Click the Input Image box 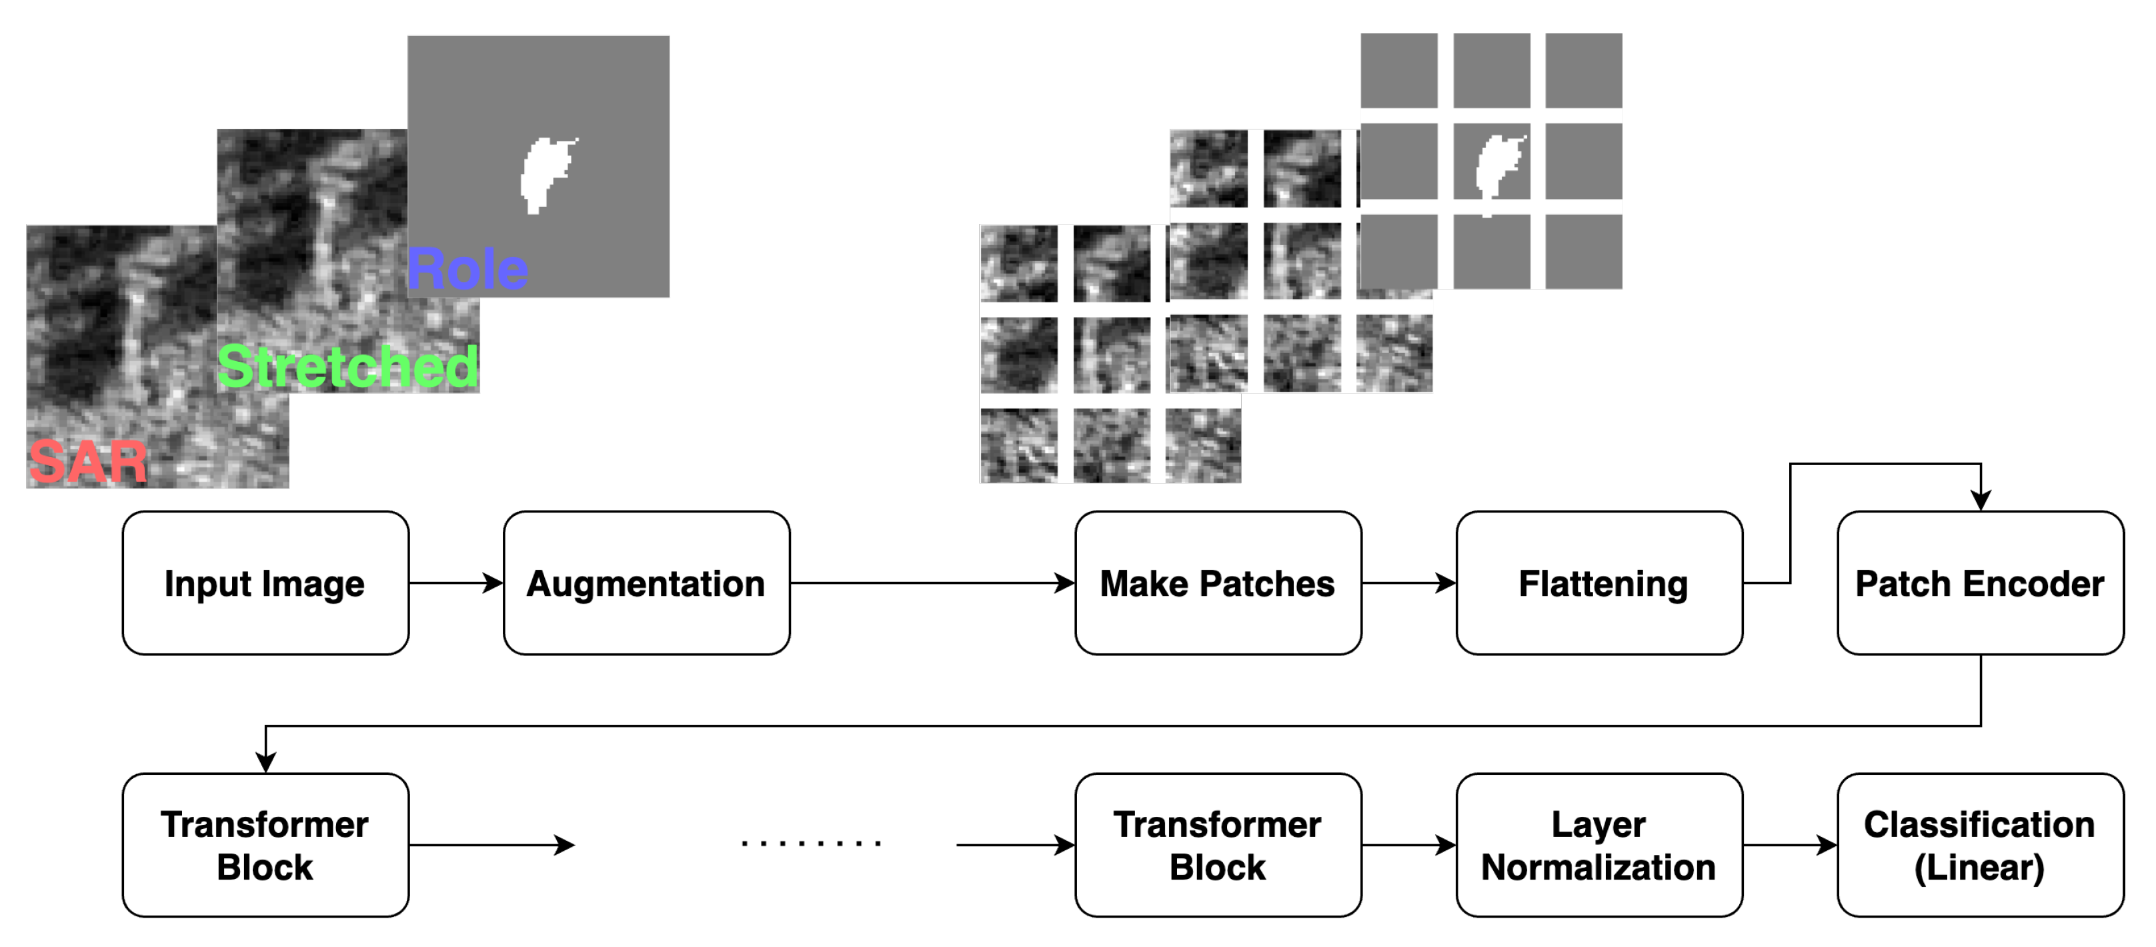265,583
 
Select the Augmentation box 646,583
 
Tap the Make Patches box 1218,583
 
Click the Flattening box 1598,583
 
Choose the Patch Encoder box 1980,583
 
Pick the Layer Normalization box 1598,845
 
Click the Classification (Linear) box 1980,845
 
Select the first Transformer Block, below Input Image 265,845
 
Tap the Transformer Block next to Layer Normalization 1218,845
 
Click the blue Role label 467,270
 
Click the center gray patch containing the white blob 1491,162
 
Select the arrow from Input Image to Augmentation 455,583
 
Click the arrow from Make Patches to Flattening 1408,583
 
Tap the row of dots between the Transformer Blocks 810,843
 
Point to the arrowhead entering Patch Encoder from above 1980,500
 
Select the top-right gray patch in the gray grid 1584,70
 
